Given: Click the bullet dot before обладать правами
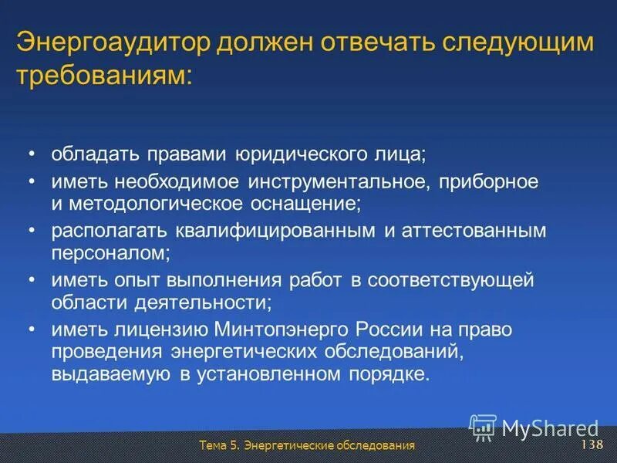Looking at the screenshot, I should click(x=32, y=154).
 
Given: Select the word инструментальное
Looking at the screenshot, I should click(x=340, y=182).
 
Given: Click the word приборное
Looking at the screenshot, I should click(x=488, y=182).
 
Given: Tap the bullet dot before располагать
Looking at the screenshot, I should click(x=32, y=231).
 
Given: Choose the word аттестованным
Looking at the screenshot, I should click(x=460, y=231).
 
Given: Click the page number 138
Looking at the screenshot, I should click(x=591, y=446).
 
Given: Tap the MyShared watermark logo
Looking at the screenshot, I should click(x=534, y=427).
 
